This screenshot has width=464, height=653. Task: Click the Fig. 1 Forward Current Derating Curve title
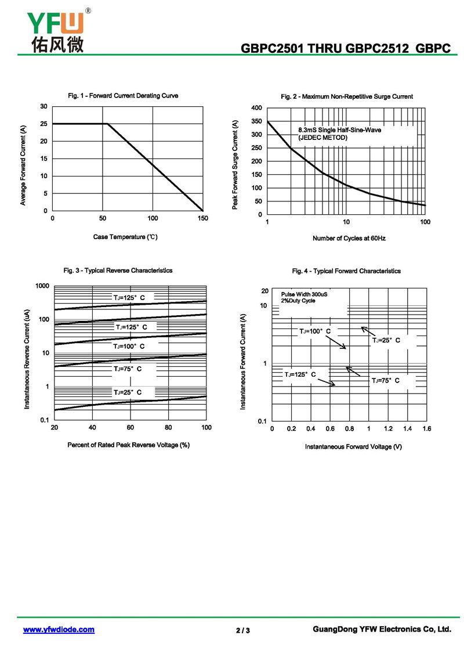coord(123,96)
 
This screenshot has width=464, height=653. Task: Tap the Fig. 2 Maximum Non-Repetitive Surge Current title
coord(347,96)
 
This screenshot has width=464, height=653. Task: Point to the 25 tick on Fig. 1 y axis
coord(43,124)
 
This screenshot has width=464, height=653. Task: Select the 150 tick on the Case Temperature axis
coord(202,218)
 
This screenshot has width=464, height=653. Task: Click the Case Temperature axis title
coord(125,237)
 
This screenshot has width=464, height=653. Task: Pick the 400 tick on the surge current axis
coord(256,108)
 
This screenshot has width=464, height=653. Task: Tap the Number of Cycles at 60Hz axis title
coord(349,239)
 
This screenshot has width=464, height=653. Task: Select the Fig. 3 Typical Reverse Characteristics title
coord(118,270)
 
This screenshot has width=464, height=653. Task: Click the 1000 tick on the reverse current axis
coord(42,286)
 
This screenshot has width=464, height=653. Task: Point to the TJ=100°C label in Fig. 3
coord(129,347)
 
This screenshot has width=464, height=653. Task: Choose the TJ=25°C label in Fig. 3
coord(127,393)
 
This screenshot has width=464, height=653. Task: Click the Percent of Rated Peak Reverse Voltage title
coord(128,445)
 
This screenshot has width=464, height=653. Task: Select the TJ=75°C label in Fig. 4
coord(386,380)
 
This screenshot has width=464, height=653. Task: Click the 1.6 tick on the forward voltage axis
coord(426,428)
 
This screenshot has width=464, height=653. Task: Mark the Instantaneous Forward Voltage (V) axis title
coord(353,447)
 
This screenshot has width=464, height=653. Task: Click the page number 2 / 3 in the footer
coord(243,630)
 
